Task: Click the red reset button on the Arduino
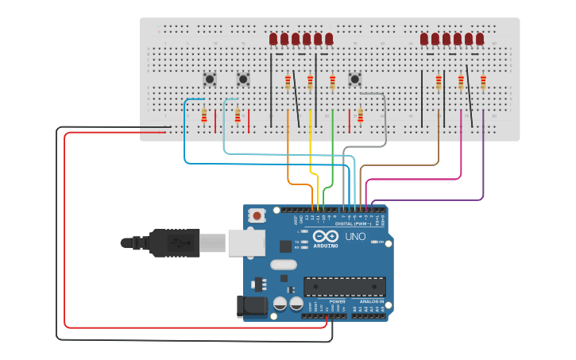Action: [x=257, y=215]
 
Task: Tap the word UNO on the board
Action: [x=354, y=237]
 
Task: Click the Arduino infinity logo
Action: [x=325, y=236]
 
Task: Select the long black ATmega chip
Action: [x=345, y=287]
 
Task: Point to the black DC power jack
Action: [x=250, y=307]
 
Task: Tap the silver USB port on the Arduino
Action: [x=246, y=242]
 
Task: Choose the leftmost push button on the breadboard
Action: [x=210, y=79]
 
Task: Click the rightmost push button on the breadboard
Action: [x=355, y=79]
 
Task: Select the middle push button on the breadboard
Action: [x=243, y=79]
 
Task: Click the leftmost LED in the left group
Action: [x=273, y=39]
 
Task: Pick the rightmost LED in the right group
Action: [x=480, y=39]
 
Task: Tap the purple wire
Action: [x=483, y=159]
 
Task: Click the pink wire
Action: [x=461, y=151]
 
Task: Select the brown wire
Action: [x=438, y=143]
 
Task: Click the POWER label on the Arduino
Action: [x=338, y=301]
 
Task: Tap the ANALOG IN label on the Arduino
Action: [x=370, y=301]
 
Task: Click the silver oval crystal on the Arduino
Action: [x=283, y=265]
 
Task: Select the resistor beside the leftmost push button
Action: [x=204, y=116]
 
